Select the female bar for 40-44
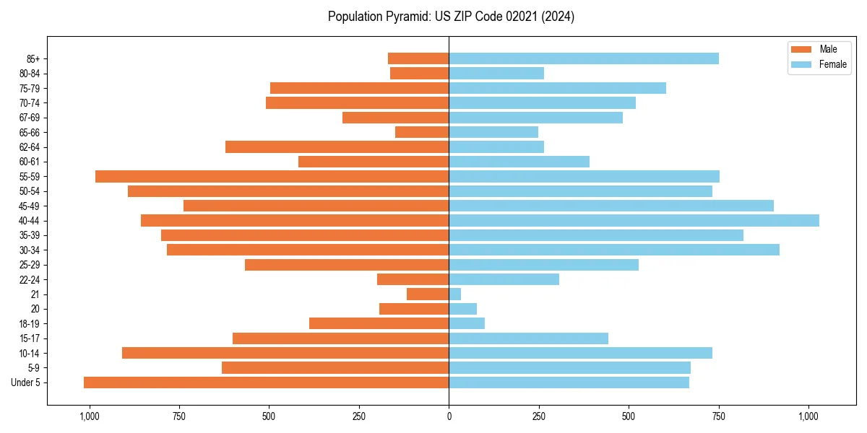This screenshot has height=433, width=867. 634,221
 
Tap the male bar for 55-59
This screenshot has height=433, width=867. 272,177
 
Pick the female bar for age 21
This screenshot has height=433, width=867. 455,294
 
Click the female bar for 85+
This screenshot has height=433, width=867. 584,59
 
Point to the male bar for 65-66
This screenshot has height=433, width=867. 422,133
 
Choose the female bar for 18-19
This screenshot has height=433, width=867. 467,323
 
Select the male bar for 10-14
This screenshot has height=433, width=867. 285,353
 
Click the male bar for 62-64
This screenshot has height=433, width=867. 337,147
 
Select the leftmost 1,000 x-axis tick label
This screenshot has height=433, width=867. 90,417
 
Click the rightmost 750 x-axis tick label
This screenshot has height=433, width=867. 718,417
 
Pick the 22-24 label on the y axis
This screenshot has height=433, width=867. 30,280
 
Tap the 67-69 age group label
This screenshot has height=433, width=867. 30,118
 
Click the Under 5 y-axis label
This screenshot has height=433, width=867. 26,382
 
